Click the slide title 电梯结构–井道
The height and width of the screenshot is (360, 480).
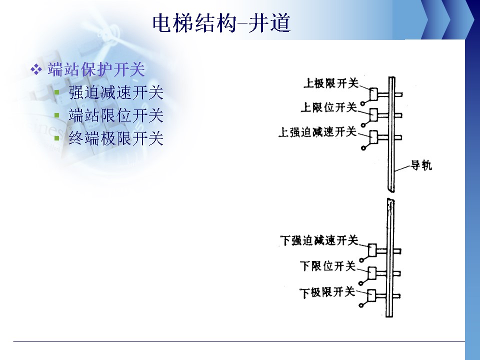click(x=221, y=23)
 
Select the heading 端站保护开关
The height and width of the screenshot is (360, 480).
click(x=96, y=69)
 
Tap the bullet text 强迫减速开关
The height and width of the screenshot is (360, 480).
click(x=116, y=92)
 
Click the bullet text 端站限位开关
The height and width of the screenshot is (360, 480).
click(x=116, y=115)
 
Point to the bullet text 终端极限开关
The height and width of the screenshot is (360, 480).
click(x=116, y=138)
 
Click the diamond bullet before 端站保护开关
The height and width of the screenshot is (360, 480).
click(x=36, y=69)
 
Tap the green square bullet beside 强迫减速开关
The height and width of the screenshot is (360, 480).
click(x=56, y=92)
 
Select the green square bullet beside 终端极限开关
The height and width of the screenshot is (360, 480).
click(x=56, y=138)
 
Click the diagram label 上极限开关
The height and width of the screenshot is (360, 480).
click(x=331, y=83)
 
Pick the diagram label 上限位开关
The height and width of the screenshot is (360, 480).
click(x=329, y=107)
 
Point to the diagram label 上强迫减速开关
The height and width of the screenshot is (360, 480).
click(x=318, y=132)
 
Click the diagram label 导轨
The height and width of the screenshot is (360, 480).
click(x=421, y=165)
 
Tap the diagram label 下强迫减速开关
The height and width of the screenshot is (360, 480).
click(x=319, y=240)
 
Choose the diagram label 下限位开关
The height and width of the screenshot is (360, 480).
click(x=328, y=266)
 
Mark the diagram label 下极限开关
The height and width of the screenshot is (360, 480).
click(x=327, y=292)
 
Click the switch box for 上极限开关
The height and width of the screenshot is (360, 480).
click(x=373, y=94)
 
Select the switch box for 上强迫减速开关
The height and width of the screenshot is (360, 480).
click(x=373, y=137)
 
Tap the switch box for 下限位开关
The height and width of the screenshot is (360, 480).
click(x=372, y=273)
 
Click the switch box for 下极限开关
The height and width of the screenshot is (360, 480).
click(x=371, y=295)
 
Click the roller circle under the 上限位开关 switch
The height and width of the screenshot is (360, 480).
click(x=363, y=125)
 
